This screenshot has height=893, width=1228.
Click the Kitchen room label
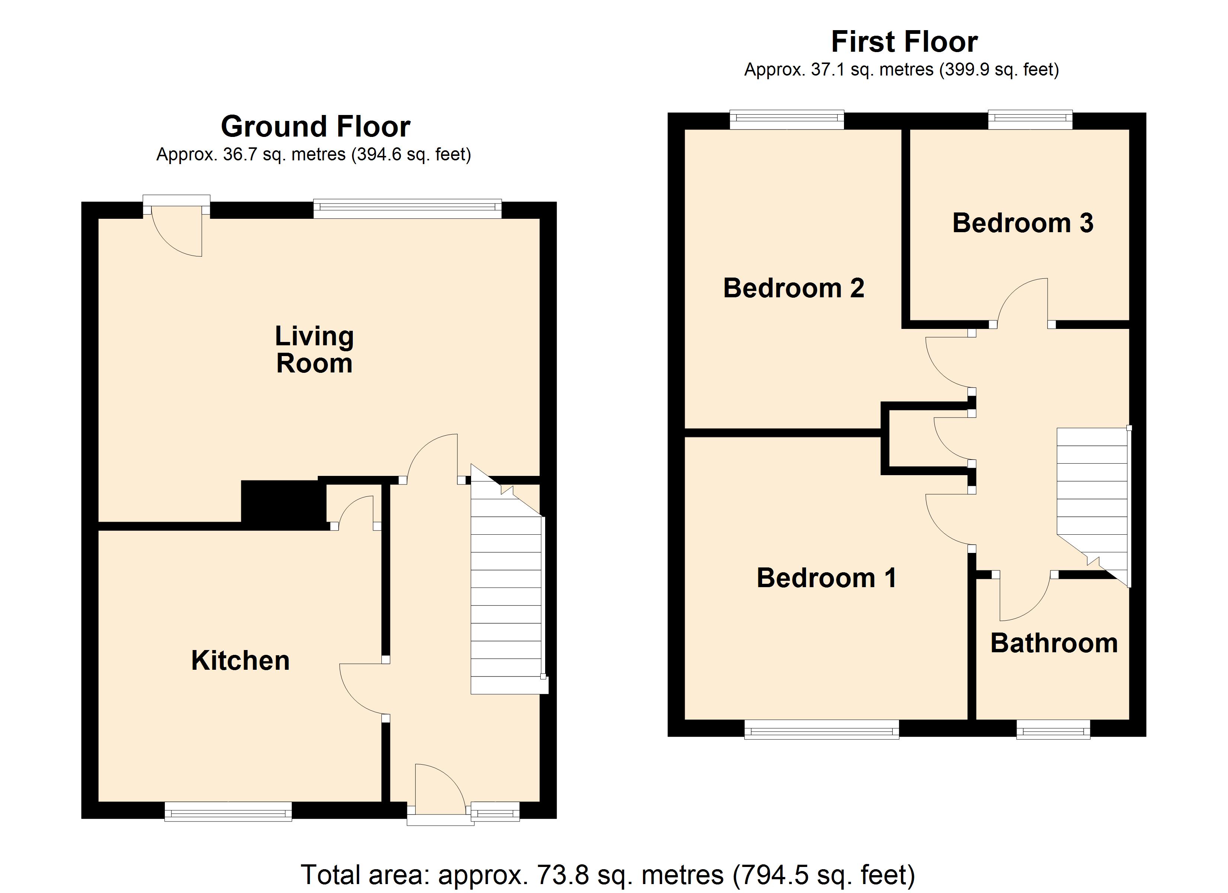pos(240,661)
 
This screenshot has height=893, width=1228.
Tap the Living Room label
pos(314,349)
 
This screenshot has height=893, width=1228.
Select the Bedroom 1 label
pos(826,578)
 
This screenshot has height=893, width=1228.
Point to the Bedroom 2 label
pos(794,288)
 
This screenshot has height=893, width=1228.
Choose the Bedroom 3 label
pos(1023,223)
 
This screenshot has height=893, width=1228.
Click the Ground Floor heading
pos(316,127)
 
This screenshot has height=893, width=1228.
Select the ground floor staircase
pos(507,579)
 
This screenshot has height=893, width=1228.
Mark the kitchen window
pos(228,811)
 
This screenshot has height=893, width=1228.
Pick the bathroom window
pos(1053,729)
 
